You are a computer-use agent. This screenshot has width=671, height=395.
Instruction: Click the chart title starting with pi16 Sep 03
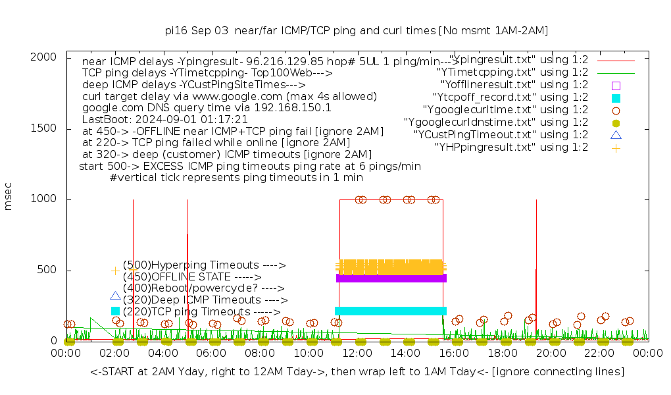coord(357,30)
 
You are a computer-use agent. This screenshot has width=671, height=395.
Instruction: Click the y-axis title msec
coord(9,199)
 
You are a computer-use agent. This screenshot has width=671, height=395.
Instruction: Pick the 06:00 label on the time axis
coord(212,354)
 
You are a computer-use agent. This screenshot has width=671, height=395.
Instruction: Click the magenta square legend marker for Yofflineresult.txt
coord(616,85)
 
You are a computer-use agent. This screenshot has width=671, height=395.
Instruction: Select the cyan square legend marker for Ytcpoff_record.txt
coord(616,97)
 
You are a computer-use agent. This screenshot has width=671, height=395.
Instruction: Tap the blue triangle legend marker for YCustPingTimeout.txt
coord(616,135)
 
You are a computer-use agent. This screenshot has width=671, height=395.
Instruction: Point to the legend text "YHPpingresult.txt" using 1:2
coord(511,147)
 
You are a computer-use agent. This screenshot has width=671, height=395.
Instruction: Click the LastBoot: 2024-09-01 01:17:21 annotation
coord(164,120)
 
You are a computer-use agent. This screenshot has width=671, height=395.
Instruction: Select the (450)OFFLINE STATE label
coord(192,277)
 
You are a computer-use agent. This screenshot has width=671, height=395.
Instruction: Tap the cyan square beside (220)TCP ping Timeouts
coord(116,311)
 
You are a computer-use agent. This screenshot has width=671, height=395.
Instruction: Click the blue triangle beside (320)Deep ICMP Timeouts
coord(116,296)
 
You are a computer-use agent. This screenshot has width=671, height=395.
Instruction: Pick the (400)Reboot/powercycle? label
coord(203,288)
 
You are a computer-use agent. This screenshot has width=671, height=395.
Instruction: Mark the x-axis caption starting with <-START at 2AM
coord(357,372)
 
